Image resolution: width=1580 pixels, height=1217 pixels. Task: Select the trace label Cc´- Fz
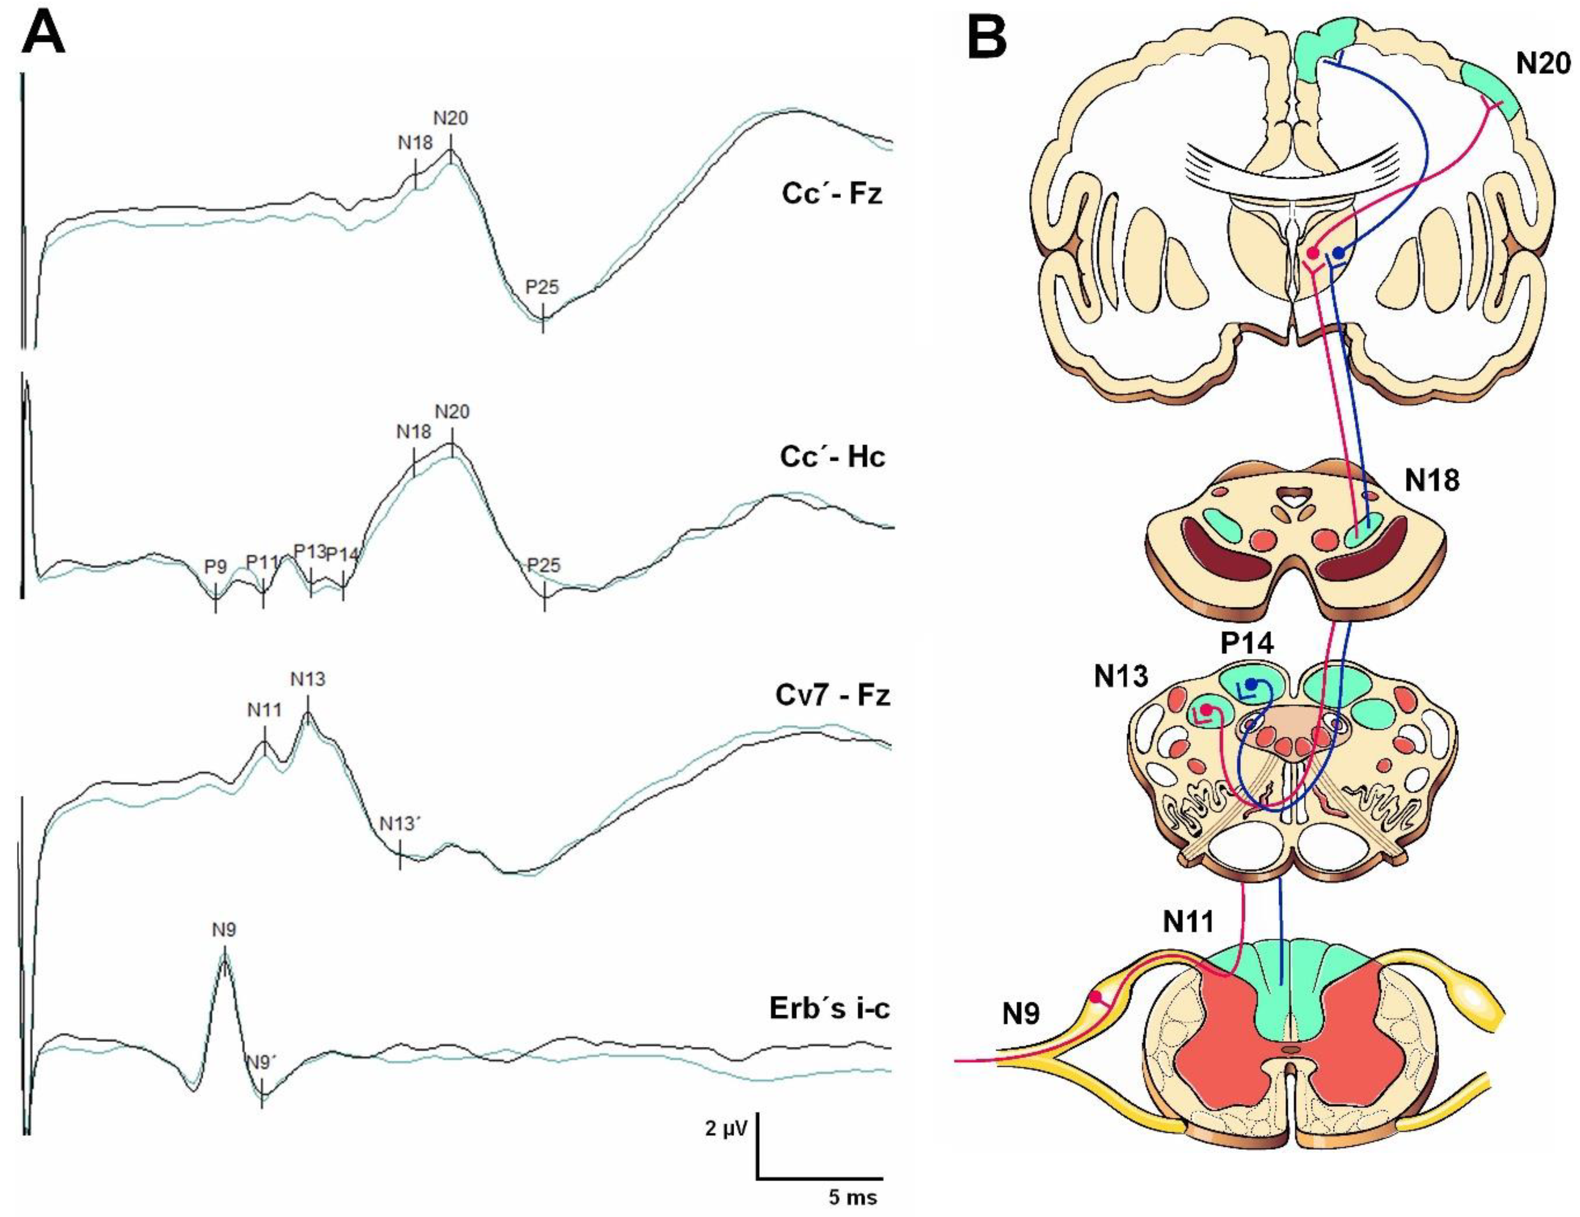click(x=832, y=194)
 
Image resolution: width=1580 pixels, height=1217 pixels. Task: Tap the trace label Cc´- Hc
click(x=832, y=457)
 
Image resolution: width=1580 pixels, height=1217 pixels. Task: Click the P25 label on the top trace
click(x=542, y=287)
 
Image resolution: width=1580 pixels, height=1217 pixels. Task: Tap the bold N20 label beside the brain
click(x=1543, y=64)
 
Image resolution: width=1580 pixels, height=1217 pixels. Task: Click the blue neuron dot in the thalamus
click(x=1339, y=252)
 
